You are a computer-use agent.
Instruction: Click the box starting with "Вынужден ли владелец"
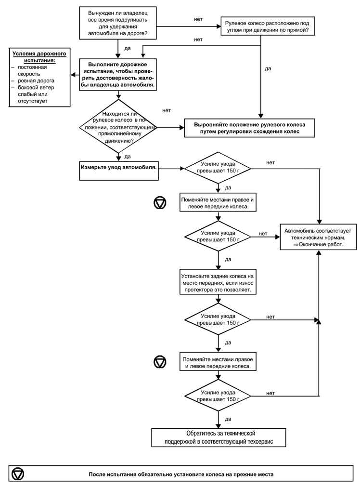pyautogui.click(x=118, y=23)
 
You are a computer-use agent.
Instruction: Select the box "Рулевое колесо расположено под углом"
pyautogui.click(x=268, y=26)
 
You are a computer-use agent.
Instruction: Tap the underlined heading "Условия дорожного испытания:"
pyautogui.click(x=39, y=57)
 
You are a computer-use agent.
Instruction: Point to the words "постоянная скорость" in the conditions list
pyautogui.click(x=32, y=70)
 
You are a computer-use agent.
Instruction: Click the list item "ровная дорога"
pyautogui.click(x=36, y=80)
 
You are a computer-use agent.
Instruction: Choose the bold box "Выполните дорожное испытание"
pyautogui.click(x=118, y=75)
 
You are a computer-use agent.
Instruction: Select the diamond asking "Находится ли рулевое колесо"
pyautogui.click(x=118, y=127)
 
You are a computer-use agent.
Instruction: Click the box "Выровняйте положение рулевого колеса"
pyautogui.click(x=249, y=128)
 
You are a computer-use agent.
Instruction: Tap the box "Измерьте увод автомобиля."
pyautogui.click(x=119, y=171)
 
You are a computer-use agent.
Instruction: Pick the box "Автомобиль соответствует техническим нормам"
pyautogui.click(x=318, y=238)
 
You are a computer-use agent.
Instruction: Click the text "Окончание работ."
pyautogui.click(x=318, y=244)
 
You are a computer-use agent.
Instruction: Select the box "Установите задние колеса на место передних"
pyautogui.click(x=218, y=283)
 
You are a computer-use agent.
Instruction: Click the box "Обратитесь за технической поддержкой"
pyautogui.click(x=219, y=437)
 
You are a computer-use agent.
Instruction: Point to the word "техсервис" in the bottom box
pyautogui.click(x=257, y=442)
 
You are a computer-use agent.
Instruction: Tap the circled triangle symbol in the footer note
pyautogui.click(x=18, y=474)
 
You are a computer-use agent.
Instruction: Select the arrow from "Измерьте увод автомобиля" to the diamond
pyautogui.click(x=171, y=169)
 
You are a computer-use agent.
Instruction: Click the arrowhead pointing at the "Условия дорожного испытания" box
pyautogui.click(x=73, y=75)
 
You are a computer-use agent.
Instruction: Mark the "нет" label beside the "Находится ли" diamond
pyautogui.click(x=167, y=110)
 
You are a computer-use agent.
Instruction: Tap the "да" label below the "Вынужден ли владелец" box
pyautogui.click(x=128, y=48)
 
